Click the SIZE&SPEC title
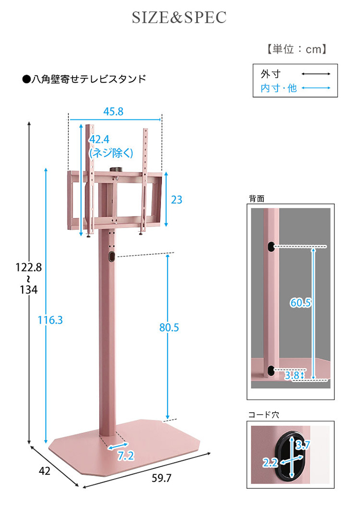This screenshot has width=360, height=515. point(179,18)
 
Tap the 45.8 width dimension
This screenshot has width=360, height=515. point(114,112)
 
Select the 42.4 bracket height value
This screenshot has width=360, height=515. point(99,140)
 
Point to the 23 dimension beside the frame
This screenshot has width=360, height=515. point(176,200)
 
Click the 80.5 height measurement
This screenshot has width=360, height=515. point(169,327)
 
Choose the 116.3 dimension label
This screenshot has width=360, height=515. point(50,320)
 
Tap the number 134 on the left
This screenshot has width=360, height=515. point(29,290)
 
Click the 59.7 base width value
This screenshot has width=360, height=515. point(161,478)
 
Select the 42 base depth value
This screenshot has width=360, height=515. point(44,471)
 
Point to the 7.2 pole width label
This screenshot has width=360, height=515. point(126,456)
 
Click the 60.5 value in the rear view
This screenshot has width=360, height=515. point(300,303)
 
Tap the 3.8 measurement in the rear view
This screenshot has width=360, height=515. point(292,375)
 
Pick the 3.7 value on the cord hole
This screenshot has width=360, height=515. point(302,445)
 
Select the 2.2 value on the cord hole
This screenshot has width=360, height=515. point(270,463)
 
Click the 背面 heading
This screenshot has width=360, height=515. point(257,198)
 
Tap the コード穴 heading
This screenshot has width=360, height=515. point(264,415)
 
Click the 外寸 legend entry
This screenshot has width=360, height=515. point(271,74)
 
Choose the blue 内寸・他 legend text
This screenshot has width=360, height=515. point(279,88)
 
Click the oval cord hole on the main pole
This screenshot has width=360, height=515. point(111,256)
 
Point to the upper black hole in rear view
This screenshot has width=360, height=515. point(271,246)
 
